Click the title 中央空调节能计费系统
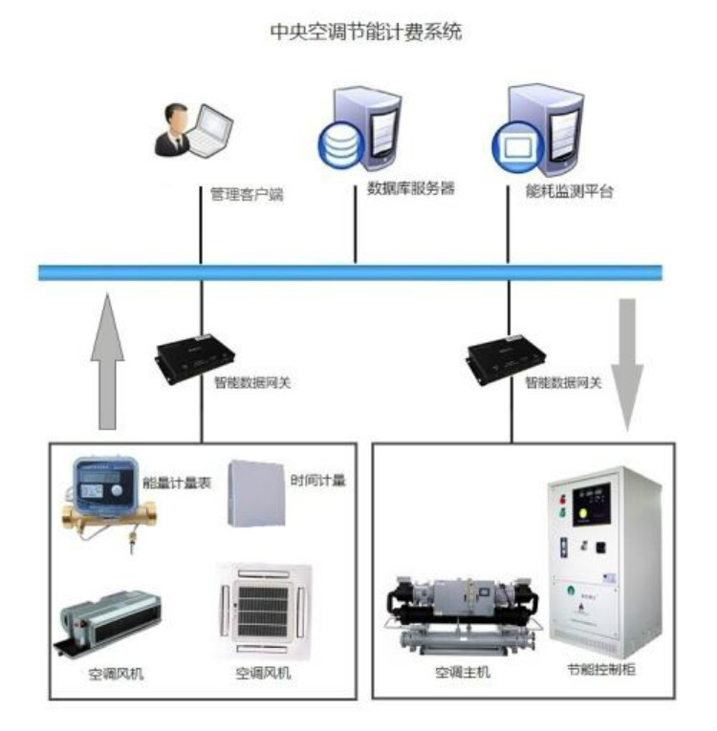[x=366, y=32]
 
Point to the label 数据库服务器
[x=411, y=188]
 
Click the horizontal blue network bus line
[x=350, y=273]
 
